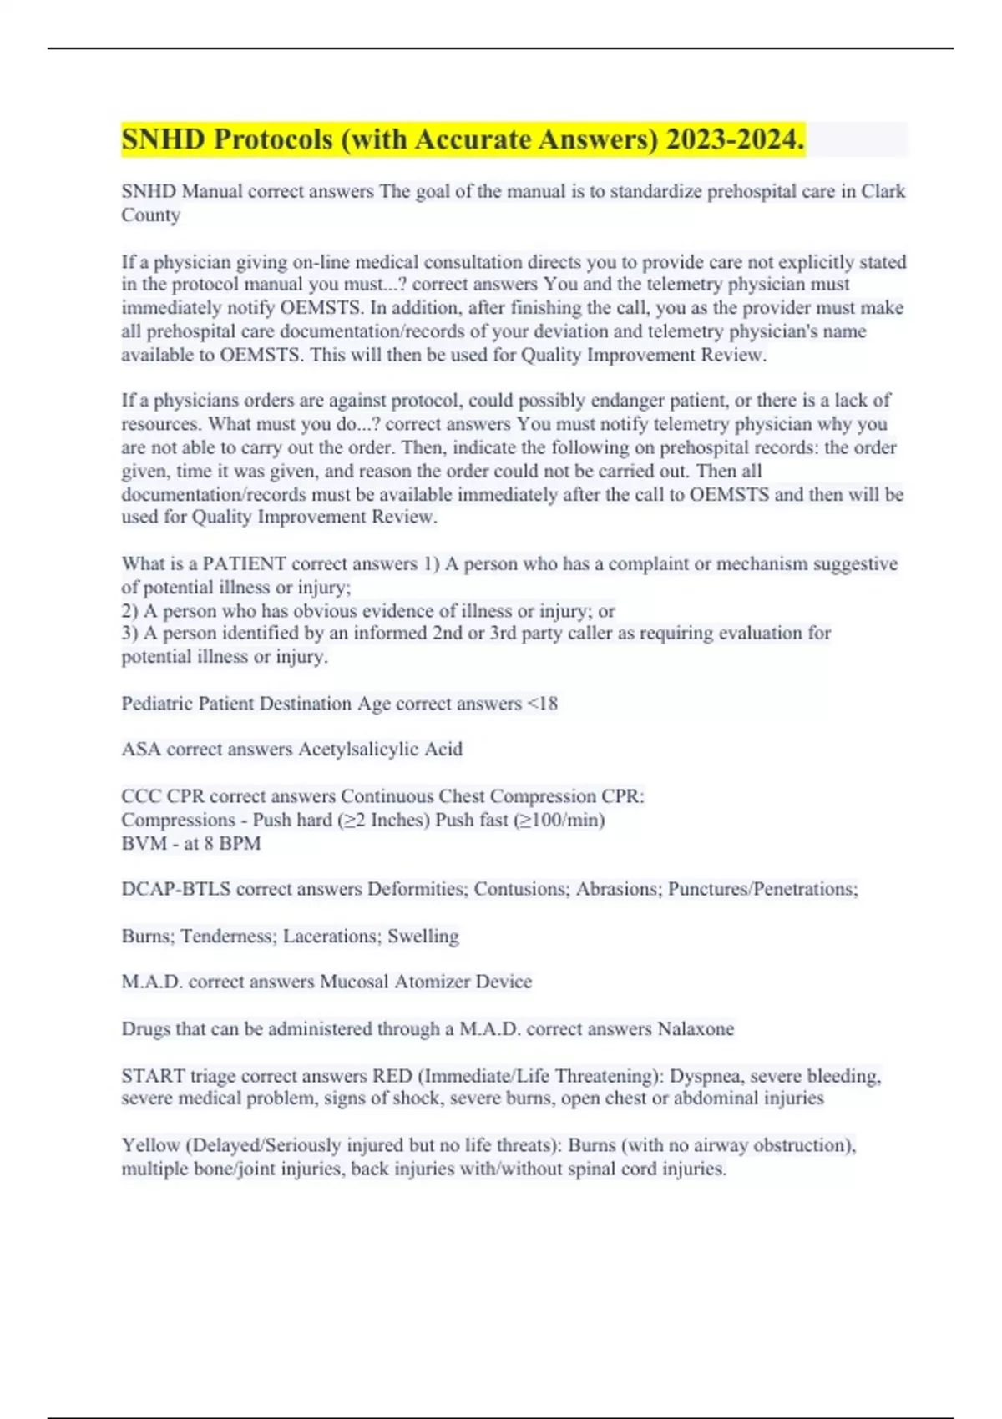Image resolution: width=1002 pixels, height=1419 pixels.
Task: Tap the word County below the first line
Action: pyautogui.click(x=150, y=215)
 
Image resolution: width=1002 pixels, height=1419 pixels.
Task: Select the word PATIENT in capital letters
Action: pyautogui.click(x=244, y=564)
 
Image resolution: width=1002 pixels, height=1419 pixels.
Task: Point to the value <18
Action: pyautogui.click(x=542, y=704)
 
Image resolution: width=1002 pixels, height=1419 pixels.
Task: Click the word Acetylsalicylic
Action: pyautogui.click(x=358, y=750)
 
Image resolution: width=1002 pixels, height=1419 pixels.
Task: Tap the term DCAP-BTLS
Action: pyautogui.click(x=175, y=890)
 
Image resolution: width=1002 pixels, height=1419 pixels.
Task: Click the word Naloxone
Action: pyautogui.click(x=696, y=1029)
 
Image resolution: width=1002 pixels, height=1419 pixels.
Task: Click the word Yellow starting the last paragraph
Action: pyautogui.click(x=150, y=1146)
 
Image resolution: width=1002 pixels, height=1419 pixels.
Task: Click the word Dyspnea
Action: pyautogui.click(x=705, y=1077)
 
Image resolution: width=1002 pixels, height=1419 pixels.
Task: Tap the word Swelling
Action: pyautogui.click(x=423, y=937)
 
